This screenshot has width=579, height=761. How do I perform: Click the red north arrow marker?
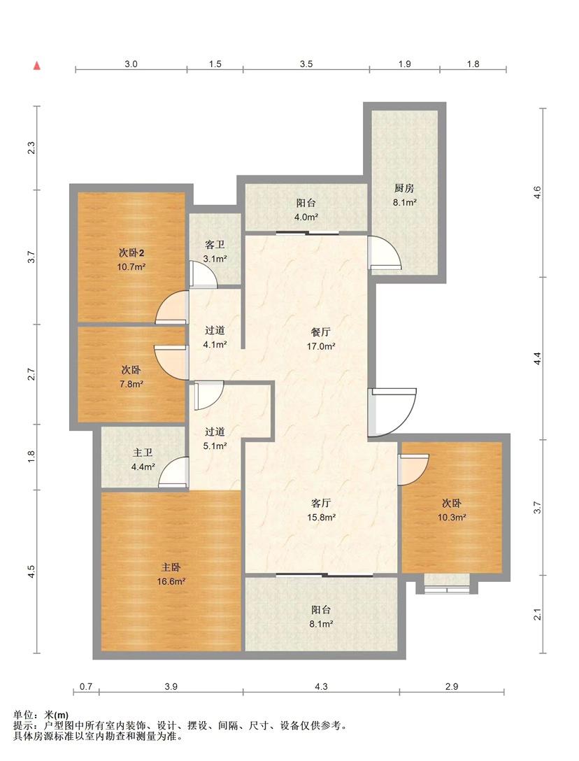36,66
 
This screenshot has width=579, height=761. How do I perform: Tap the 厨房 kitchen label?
403,188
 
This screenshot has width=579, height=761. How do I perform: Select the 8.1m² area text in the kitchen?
404,202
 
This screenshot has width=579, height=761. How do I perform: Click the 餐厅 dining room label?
321,332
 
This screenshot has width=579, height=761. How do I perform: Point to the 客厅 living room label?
321,503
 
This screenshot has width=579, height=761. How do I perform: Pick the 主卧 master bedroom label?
171,567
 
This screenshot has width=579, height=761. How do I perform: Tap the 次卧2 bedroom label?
131,253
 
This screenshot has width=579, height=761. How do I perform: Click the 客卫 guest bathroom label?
215,245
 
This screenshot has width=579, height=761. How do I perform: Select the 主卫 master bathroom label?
143,453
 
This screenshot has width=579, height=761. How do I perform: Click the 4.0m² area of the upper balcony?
306,217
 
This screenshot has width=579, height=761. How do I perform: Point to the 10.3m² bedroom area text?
452,518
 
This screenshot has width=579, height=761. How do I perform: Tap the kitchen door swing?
385,253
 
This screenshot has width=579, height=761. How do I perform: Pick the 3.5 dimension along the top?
306,64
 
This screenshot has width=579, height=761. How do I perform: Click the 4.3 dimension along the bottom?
321,686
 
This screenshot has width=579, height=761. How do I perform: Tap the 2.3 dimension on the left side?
31,148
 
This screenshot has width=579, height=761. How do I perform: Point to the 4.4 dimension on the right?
537,359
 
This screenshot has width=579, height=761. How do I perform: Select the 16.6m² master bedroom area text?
171,581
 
